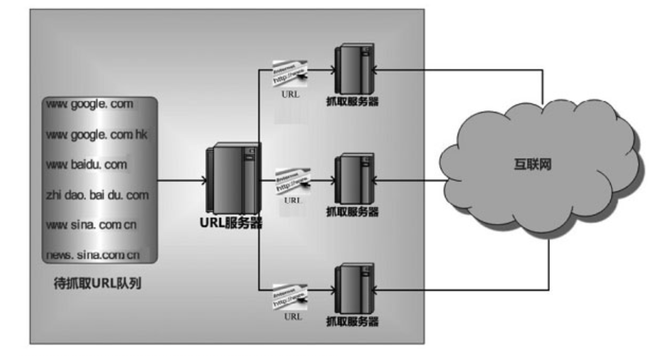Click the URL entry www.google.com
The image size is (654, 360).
click(89, 105)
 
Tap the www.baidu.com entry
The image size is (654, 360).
click(86, 165)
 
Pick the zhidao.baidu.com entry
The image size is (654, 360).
click(98, 195)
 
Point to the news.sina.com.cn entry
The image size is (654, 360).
click(93, 254)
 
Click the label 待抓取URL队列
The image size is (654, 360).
click(98, 284)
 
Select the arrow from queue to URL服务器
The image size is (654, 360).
click(181, 180)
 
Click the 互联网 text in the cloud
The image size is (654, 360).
click(532, 164)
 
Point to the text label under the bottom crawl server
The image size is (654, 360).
click(352, 322)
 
